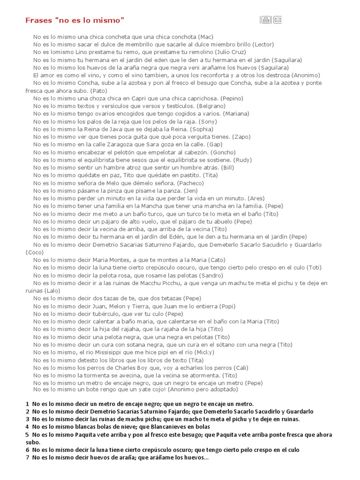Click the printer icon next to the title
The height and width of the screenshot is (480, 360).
266,20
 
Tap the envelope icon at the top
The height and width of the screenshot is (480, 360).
277,20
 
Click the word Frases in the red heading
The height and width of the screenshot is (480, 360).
39,20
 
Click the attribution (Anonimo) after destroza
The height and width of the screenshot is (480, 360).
306,75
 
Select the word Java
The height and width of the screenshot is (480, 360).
112,129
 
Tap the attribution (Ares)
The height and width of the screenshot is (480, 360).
256,198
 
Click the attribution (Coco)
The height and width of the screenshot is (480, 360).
34,252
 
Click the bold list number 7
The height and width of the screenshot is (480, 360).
27,458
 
